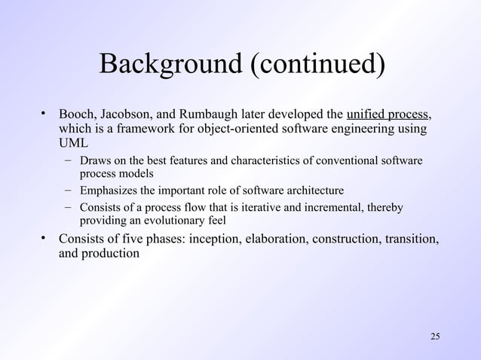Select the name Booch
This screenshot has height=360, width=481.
(76, 115)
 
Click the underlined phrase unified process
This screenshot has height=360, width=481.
(387, 115)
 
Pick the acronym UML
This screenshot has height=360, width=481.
(73, 144)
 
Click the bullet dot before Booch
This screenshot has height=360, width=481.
(44, 115)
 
